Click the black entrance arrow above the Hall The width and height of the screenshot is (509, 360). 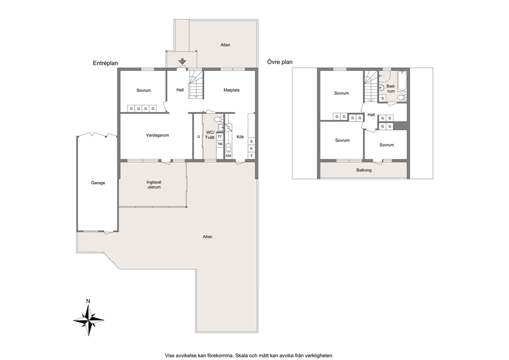[x=183, y=61]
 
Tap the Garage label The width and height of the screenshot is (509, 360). [x=98, y=183]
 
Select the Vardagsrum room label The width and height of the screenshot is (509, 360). [x=158, y=135]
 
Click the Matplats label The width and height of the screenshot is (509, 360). [x=231, y=90]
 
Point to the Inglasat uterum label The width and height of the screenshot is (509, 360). [x=154, y=185]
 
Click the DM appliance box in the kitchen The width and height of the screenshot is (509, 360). [x=228, y=156]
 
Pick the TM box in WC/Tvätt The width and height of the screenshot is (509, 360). [x=220, y=144]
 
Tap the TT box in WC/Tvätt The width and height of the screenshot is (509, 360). [x=220, y=137]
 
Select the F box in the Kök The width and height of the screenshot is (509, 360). [x=251, y=156]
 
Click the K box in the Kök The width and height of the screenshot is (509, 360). [x=251, y=149]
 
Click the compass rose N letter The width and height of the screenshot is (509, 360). [x=88, y=301]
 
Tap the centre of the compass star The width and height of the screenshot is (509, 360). [x=88, y=320]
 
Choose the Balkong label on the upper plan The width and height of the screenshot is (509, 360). [x=364, y=170]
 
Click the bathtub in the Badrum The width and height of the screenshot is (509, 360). [x=402, y=81]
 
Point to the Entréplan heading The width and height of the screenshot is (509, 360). [x=106, y=64]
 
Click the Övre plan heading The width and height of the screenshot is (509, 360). [x=280, y=62]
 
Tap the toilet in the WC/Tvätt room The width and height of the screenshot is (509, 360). [x=219, y=119]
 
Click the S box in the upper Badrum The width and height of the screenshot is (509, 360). [x=383, y=98]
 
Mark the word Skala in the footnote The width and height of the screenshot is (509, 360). [x=241, y=355]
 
